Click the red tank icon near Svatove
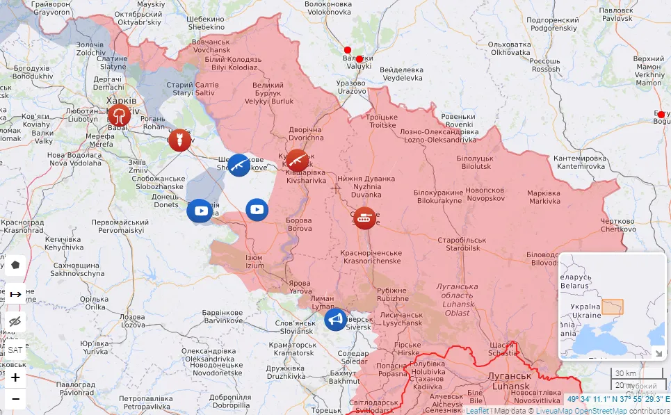(364, 218)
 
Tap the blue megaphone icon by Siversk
(336, 320)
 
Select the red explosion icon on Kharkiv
(119, 115)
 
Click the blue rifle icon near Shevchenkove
(239, 165)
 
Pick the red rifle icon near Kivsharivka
(297, 161)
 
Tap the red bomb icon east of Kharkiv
(179, 140)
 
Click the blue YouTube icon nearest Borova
(257, 209)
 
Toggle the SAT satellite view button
(15, 350)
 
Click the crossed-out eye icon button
(15, 321)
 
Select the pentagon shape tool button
(15, 265)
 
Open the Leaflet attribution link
(477, 410)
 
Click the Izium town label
(254, 262)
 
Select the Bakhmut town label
(344, 377)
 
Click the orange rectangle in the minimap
(612, 307)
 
